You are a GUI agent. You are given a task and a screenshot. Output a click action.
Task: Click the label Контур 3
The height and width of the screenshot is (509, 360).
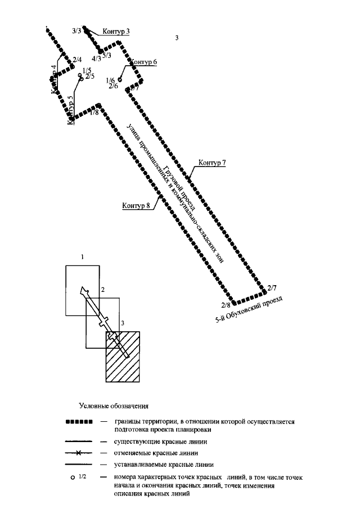tap(116, 31)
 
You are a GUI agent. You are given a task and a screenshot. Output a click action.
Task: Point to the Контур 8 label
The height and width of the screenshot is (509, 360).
tap(136, 205)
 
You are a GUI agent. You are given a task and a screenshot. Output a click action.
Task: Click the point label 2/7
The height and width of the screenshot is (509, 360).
tap(273, 287)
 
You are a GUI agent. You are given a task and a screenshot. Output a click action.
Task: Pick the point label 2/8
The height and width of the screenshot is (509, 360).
tap(226, 305)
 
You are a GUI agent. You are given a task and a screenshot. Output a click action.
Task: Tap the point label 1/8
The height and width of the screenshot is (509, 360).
tap(94, 112)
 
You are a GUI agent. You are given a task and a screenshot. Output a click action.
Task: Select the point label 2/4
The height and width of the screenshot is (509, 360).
tap(77, 60)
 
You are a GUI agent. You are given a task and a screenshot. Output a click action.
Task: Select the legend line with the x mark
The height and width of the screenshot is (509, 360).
tap(79, 452)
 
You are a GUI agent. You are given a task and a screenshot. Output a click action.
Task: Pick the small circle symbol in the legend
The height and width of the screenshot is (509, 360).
tap(73, 478)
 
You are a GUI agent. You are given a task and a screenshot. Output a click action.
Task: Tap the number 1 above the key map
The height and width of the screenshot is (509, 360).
tap(82, 257)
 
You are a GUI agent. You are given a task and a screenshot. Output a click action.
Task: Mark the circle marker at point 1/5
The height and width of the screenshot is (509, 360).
tap(81, 79)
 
